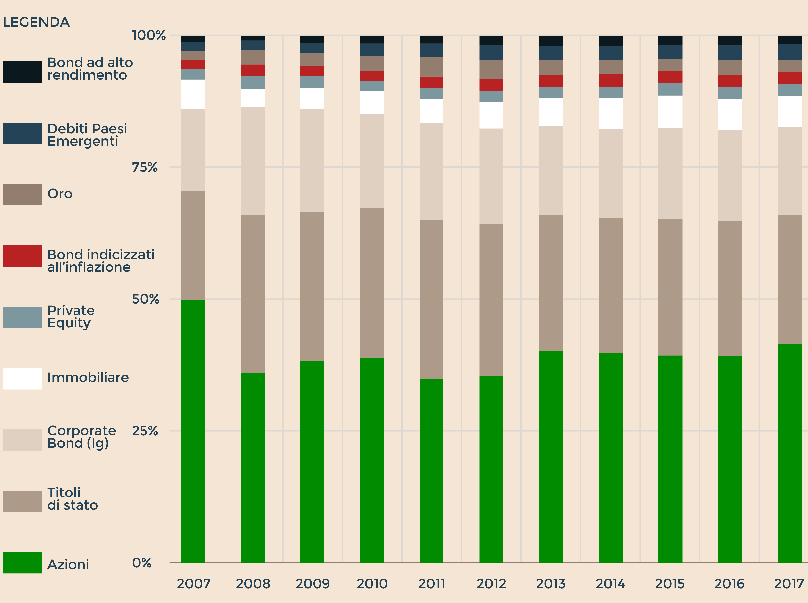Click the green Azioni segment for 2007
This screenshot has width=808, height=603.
(193, 431)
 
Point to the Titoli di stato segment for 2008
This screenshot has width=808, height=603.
(253, 294)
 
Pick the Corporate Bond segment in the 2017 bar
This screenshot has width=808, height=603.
(789, 171)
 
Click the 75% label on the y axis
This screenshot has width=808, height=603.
(145, 167)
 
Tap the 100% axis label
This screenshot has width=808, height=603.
(149, 35)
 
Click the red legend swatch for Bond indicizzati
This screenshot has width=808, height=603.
(22, 256)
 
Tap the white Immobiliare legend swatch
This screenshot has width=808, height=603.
(22, 378)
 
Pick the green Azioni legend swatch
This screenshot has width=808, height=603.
(22, 562)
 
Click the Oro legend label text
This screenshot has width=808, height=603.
(60, 193)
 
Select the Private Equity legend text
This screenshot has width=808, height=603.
(71, 316)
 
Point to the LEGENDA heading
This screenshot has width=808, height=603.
(36, 22)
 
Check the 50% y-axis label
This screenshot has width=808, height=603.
(145, 299)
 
